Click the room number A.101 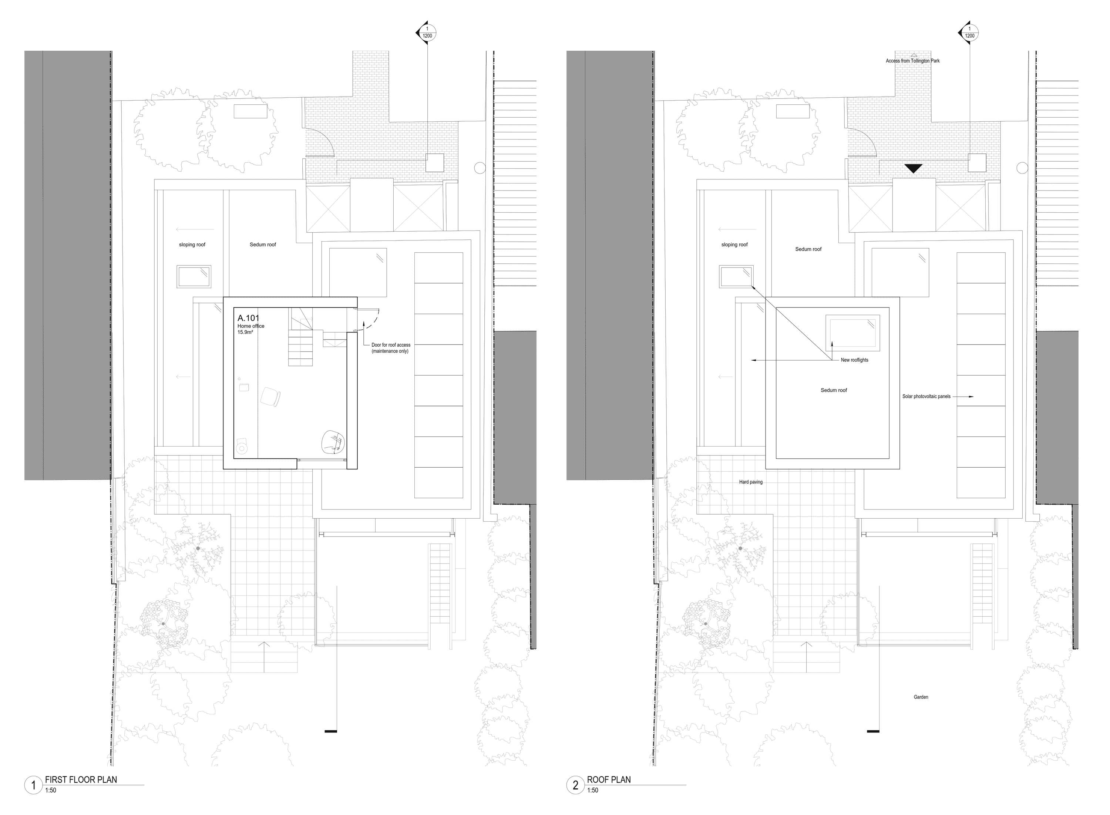tap(248, 318)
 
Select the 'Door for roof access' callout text tap(391, 345)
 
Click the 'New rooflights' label tap(854, 360)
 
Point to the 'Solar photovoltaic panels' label tap(926, 397)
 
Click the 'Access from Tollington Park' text tap(913, 61)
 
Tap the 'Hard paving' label tap(750, 482)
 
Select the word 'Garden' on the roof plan tap(921, 697)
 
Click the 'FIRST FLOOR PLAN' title tap(81, 779)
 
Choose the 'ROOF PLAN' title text tap(609, 779)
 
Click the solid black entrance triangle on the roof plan tap(913, 168)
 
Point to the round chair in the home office tap(333, 442)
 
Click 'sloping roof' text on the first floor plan tap(192, 245)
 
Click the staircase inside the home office tap(301, 337)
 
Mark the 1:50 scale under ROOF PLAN tap(592, 790)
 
